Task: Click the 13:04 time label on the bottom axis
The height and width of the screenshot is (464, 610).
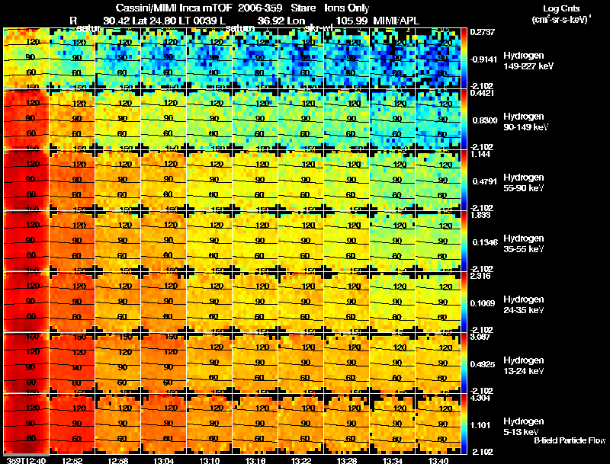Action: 164,459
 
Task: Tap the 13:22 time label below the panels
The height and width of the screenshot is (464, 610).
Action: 301,459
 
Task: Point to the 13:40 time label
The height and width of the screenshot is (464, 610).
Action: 438,459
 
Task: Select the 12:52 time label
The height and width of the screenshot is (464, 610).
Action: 72,459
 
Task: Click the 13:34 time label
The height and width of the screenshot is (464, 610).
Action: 393,459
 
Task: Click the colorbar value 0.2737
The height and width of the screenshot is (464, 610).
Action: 484,33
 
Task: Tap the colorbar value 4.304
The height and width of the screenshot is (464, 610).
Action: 483,398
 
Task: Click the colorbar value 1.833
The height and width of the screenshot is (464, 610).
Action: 483,216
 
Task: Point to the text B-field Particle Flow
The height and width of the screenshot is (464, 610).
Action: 569,440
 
